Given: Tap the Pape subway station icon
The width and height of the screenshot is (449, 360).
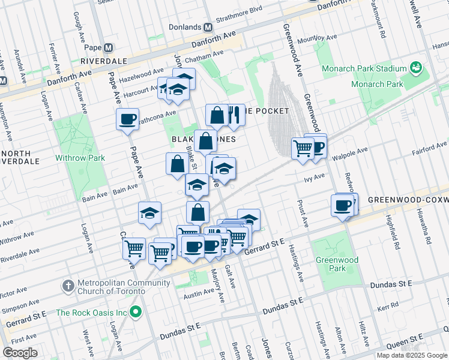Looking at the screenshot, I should tap(109, 48).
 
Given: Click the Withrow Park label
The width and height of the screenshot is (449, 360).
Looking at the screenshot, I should tap(80, 158).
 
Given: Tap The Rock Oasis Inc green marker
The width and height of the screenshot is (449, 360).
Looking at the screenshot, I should tap(136, 312).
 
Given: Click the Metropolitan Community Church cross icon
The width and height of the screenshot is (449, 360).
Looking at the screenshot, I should tap(68, 284).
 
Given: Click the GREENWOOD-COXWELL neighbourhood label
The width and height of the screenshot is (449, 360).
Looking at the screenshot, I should tap(408, 199).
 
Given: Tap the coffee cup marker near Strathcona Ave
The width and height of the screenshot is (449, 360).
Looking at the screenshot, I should tap(127, 119).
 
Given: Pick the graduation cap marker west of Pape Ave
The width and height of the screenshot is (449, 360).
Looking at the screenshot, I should tap(149, 212).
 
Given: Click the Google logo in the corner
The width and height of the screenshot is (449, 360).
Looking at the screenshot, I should tap(20, 352).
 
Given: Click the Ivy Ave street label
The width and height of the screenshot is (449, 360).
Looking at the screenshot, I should tap(314, 176).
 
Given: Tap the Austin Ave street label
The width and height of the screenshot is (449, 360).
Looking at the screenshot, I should tap(198, 295).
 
